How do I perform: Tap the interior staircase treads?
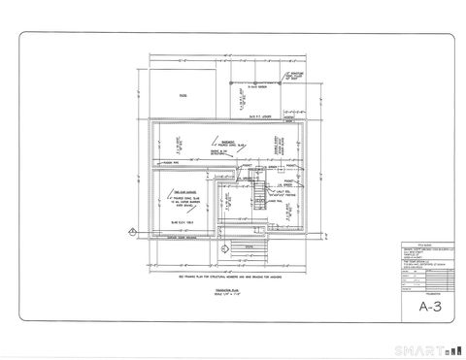click(x=257, y=199)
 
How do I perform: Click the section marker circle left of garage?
click(x=131, y=230)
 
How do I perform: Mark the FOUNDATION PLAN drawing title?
click(x=229, y=289)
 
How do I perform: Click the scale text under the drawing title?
click(x=229, y=294)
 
